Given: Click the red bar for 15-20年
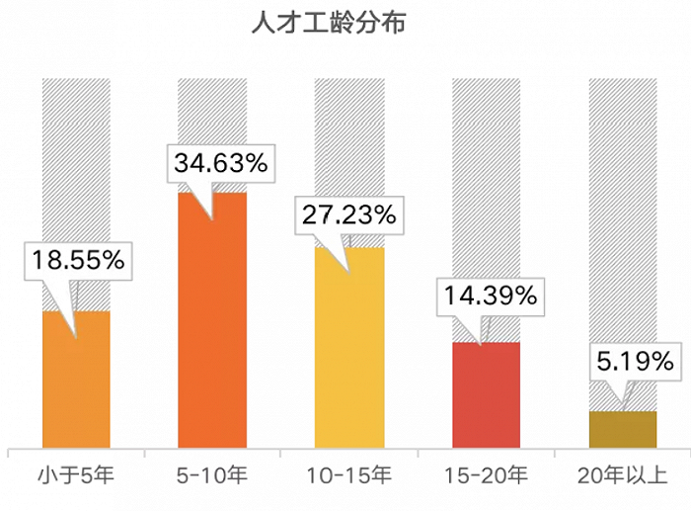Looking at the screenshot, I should pyautogui.click(x=486, y=395).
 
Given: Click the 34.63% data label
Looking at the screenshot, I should pyautogui.click(x=220, y=164).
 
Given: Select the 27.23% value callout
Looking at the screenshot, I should pyautogui.click(x=348, y=215).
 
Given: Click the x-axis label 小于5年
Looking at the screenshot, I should pyautogui.click(x=76, y=476).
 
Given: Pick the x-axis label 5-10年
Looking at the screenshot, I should pyautogui.click(x=212, y=476).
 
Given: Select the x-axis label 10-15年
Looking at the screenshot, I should pyautogui.click(x=348, y=476).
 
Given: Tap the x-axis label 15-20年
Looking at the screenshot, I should pyautogui.click(x=486, y=476).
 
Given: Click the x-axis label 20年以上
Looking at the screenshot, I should pyautogui.click(x=622, y=476).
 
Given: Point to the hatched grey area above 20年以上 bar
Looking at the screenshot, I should pyautogui.click(x=622, y=198).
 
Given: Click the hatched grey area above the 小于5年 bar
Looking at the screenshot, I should pyautogui.click(x=76, y=148).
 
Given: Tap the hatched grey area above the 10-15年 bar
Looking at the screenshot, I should pyautogui.click(x=348, y=128).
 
